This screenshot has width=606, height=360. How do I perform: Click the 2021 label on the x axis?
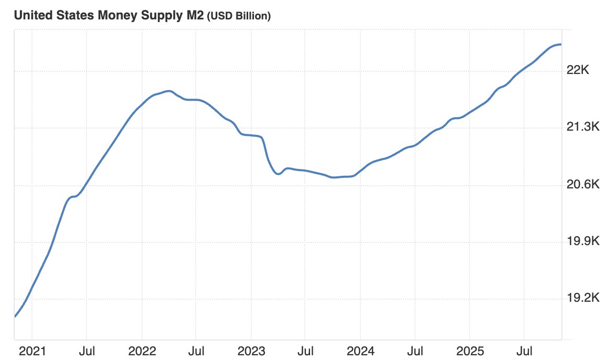click(x=32, y=350)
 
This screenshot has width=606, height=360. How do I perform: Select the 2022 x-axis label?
click(x=142, y=350)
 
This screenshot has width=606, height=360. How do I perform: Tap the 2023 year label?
click(x=251, y=350)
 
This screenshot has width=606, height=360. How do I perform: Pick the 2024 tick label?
click(x=360, y=350)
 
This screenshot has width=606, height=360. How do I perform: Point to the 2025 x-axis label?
click(x=470, y=350)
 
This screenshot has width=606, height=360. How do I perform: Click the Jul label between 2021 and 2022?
click(x=87, y=350)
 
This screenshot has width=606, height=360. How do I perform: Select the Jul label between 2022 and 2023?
click(x=196, y=350)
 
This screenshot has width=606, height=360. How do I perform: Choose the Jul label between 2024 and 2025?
click(x=414, y=350)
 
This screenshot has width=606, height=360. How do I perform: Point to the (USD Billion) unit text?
click(x=239, y=16)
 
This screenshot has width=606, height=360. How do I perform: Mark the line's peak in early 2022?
click(x=168, y=91)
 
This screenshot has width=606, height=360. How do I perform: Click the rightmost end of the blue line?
click(x=561, y=45)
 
